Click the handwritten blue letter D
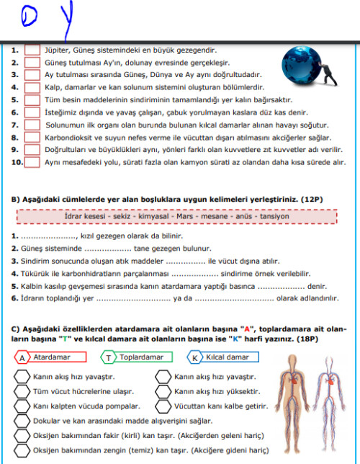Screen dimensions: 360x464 click(x=29, y=17)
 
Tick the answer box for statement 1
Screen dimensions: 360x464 click(x=32, y=50)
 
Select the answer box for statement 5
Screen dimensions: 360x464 click(x=32, y=100)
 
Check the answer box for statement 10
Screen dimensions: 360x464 click(x=32, y=162)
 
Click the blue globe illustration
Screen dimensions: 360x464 click(x=301, y=66)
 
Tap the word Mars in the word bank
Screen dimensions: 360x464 click(x=185, y=216)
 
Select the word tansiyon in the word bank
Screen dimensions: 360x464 click(x=274, y=216)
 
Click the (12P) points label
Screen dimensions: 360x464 click(x=312, y=200)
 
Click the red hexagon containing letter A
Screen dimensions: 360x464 click(x=22, y=358)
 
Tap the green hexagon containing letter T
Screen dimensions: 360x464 click(x=108, y=358)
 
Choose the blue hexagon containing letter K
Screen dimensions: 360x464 click(x=194, y=358)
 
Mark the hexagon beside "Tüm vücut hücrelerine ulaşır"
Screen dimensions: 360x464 click(x=22, y=391)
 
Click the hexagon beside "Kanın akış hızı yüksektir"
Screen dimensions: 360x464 click(x=163, y=391)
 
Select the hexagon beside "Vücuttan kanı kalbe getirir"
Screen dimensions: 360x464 click(x=163, y=406)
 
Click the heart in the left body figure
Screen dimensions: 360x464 click(x=294, y=380)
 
